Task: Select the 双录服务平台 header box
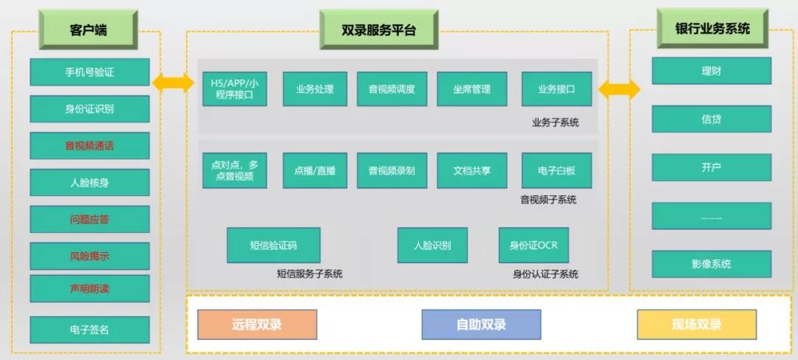point(379,30)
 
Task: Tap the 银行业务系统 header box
point(712,29)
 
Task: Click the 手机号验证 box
point(89,72)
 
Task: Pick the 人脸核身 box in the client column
point(89,183)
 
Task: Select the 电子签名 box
point(89,330)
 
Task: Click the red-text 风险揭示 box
point(89,256)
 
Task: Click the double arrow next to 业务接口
point(618,90)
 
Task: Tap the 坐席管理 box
point(471,89)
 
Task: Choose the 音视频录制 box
point(392,171)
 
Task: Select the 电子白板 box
point(556,171)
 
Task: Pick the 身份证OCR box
point(533,245)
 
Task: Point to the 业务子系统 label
point(555,122)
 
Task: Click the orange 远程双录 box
point(256,325)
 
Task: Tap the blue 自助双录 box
point(481,325)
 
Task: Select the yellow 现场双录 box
point(696,325)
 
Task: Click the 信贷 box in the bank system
point(711,119)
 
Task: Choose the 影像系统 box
point(711,264)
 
